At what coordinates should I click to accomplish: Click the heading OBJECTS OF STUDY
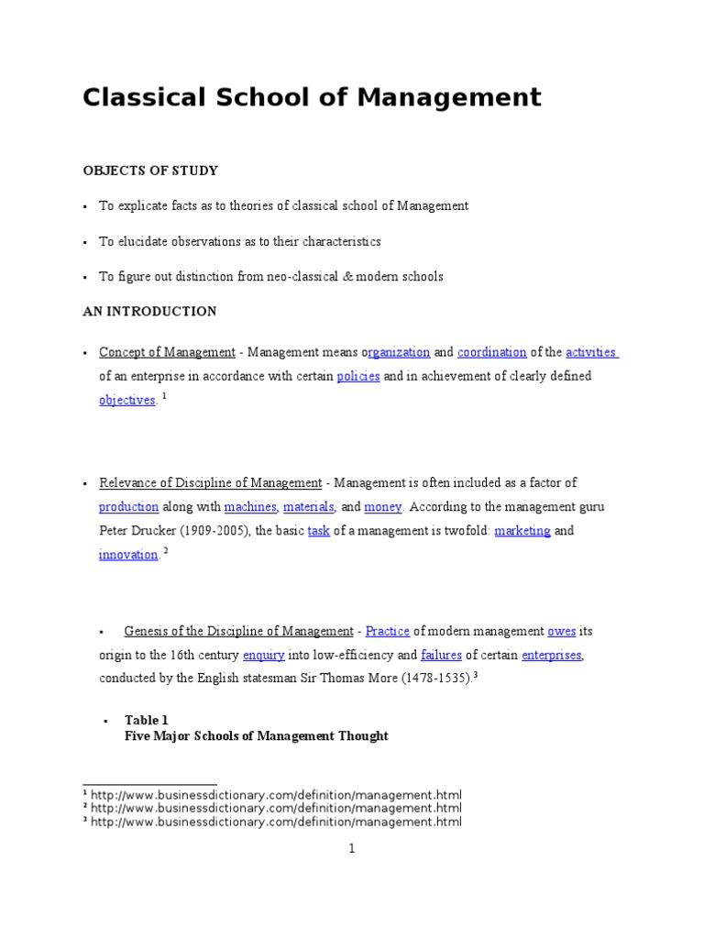[x=150, y=171]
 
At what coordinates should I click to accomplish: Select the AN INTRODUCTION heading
[x=149, y=312]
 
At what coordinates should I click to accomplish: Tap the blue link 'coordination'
[x=491, y=352]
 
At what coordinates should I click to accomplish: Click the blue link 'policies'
[x=358, y=376]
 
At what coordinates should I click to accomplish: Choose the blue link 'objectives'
[x=126, y=401]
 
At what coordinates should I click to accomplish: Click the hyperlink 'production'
[x=128, y=507]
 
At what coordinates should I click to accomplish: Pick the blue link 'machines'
[x=249, y=507]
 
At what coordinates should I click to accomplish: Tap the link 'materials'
[x=308, y=507]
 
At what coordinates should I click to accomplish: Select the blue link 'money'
[x=382, y=507]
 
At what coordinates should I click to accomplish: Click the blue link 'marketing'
[x=522, y=531]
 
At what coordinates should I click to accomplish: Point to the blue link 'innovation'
[x=128, y=555]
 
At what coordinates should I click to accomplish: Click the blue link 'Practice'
[x=387, y=631]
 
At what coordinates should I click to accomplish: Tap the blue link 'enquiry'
[x=262, y=656]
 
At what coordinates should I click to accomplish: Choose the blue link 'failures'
[x=442, y=656]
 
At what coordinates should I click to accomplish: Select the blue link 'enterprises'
[x=551, y=656]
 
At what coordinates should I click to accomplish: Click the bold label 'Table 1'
[x=147, y=720]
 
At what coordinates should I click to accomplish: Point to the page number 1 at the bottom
[x=351, y=849]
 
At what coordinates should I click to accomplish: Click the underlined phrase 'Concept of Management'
[x=167, y=352]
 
